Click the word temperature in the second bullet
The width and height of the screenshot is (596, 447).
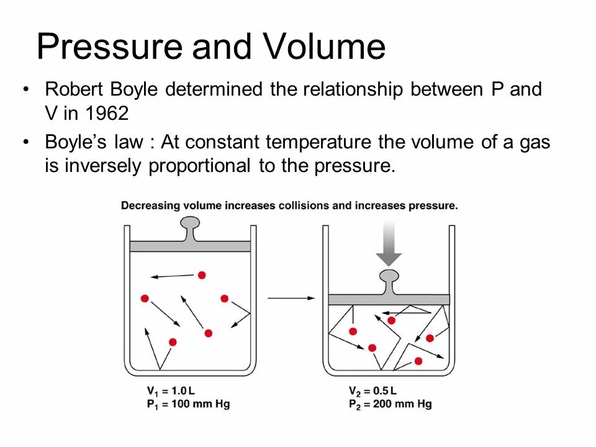[x=319, y=142]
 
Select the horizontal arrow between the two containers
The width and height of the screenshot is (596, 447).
[x=292, y=299]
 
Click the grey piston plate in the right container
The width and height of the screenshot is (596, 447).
[x=389, y=299]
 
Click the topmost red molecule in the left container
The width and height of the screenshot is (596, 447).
[x=202, y=274]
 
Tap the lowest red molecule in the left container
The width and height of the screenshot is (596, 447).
[x=173, y=342]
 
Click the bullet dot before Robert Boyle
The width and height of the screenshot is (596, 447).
[x=25, y=90]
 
